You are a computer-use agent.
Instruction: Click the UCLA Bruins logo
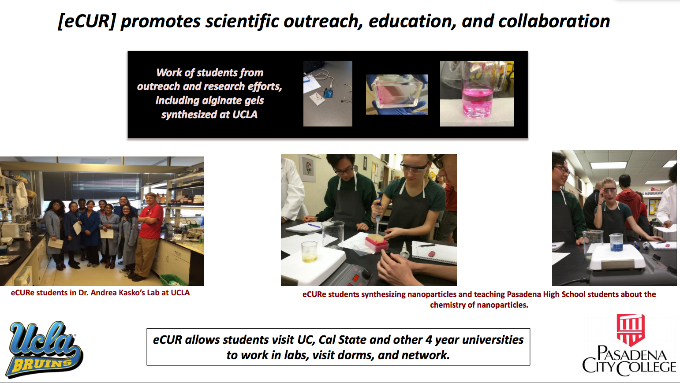(45, 349)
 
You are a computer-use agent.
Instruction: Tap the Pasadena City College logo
(629, 345)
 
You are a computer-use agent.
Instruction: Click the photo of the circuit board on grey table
(328, 94)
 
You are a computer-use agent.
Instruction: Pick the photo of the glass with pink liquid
(477, 94)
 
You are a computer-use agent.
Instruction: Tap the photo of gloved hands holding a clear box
(397, 94)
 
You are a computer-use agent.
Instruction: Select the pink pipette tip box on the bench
(377, 243)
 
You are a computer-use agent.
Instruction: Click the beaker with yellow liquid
(310, 252)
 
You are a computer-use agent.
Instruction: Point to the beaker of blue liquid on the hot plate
(616, 243)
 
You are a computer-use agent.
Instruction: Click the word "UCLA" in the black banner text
(245, 115)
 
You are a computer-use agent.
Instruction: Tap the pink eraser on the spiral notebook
(431, 254)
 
